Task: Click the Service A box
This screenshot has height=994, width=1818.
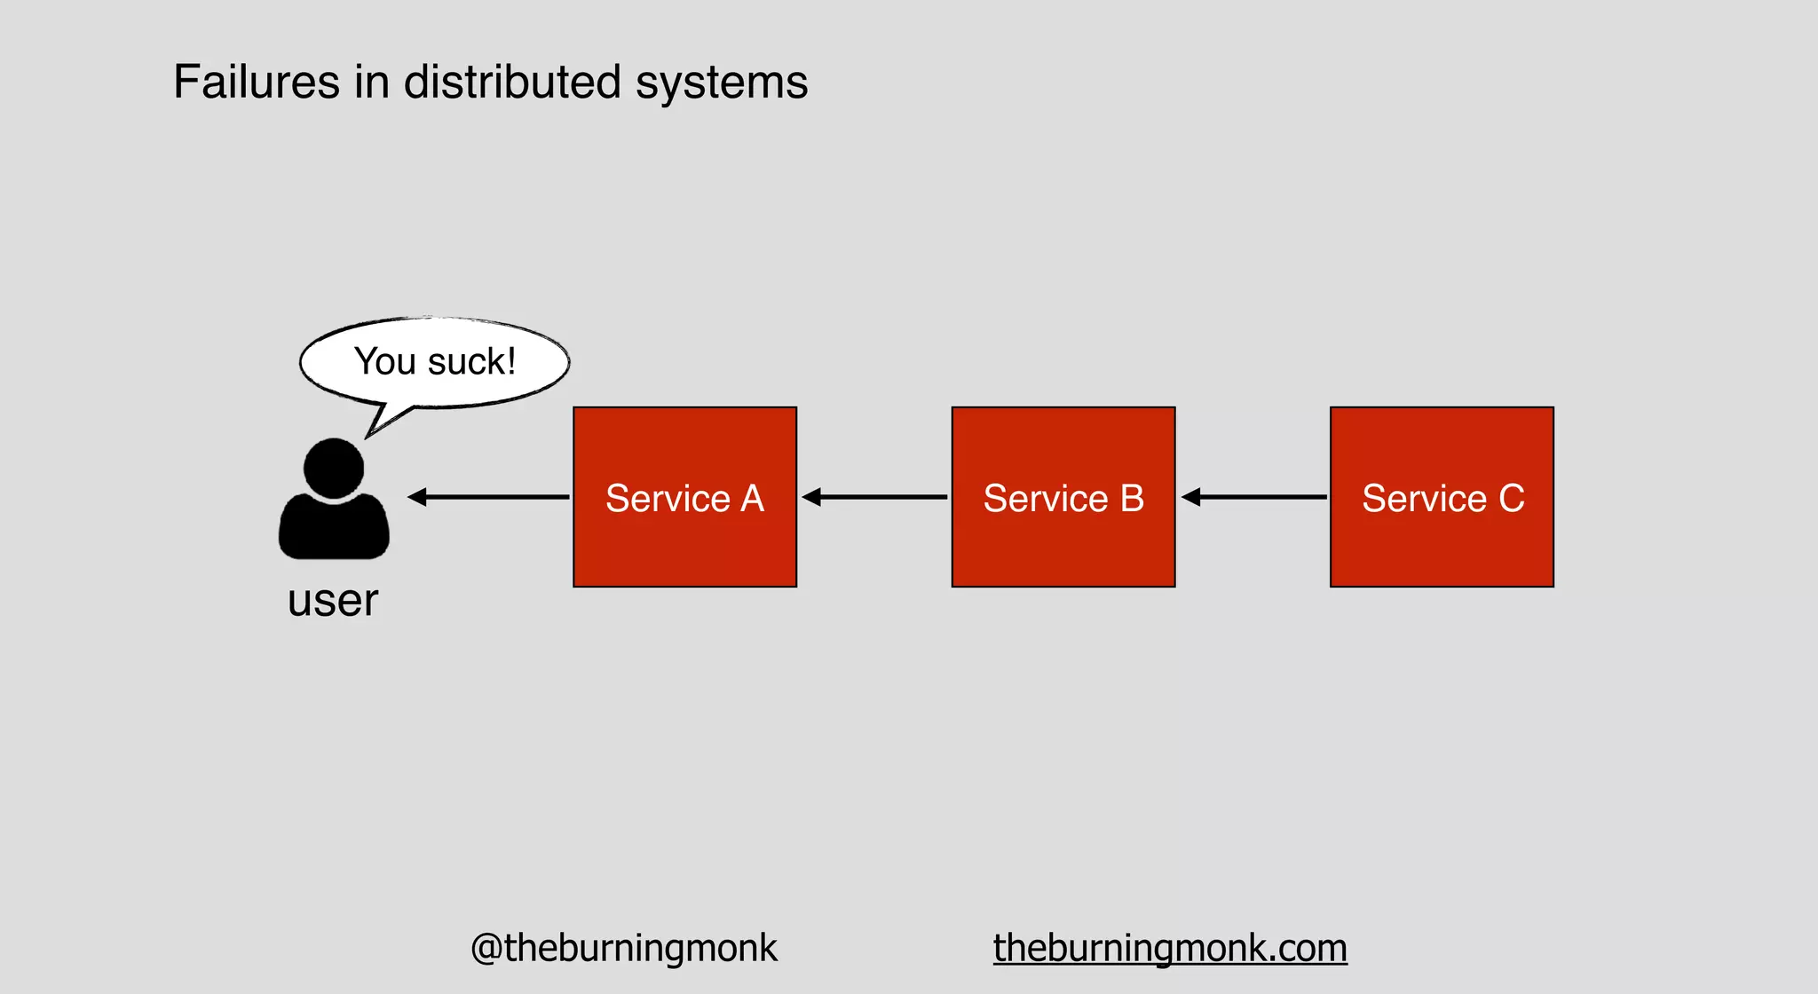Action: click(684, 497)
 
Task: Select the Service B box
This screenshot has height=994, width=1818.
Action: click(1063, 497)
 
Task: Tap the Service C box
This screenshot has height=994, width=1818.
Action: click(1442, 497)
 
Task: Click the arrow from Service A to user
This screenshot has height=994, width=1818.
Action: click(488, 497)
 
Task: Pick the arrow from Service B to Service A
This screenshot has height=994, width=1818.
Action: click(874, 497)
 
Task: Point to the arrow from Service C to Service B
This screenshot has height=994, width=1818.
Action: click(1253, 497)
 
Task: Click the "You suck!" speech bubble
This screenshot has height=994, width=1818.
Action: click(435, 362)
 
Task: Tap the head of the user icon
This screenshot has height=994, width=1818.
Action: click(334, 468)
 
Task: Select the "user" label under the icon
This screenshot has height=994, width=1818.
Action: click(333, 601)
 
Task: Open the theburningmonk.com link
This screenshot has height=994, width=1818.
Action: click(1170, 948)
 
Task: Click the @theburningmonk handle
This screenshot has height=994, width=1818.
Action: click(623, 948)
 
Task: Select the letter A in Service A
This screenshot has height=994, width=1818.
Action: click(753, 498)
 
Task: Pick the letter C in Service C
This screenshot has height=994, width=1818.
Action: click(1512, 498)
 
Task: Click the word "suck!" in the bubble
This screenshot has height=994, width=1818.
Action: click(471, 362)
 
